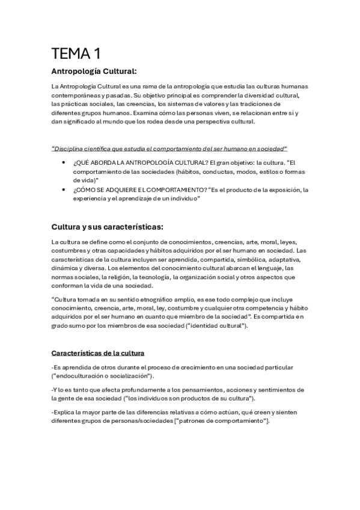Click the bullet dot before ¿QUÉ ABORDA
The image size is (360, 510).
click(64, 162)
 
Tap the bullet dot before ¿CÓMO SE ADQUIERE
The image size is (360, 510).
click(64, 189)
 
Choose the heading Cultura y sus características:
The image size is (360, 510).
click(108, 227)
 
